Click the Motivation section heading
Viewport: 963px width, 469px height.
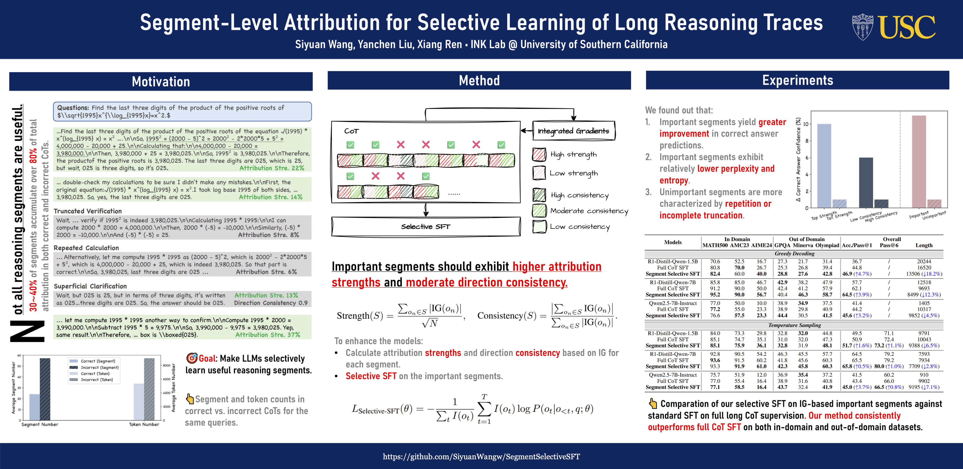161,81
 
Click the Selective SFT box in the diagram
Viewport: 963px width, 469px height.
426,226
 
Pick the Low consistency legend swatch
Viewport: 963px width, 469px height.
539,226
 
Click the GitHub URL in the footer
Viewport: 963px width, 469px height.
481,456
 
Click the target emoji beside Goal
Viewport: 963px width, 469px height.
192,358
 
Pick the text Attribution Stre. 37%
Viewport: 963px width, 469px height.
268,335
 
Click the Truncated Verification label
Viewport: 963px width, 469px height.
88,211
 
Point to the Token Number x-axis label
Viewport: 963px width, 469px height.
144,425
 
